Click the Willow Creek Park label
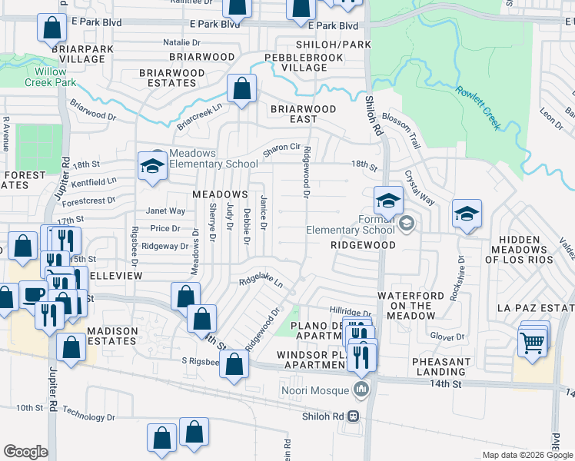coord(51,77)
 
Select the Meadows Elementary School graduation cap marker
coord(153,166)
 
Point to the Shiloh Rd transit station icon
coord(353,416)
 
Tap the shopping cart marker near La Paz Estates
coord(531,343)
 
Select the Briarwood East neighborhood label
coord(303,114)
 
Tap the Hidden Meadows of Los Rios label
coord(527,250)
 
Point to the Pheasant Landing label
coord(441,366)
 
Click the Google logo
coord(25,452)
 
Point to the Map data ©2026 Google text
coord(527,455)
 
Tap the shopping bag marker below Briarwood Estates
coord(241,89)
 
